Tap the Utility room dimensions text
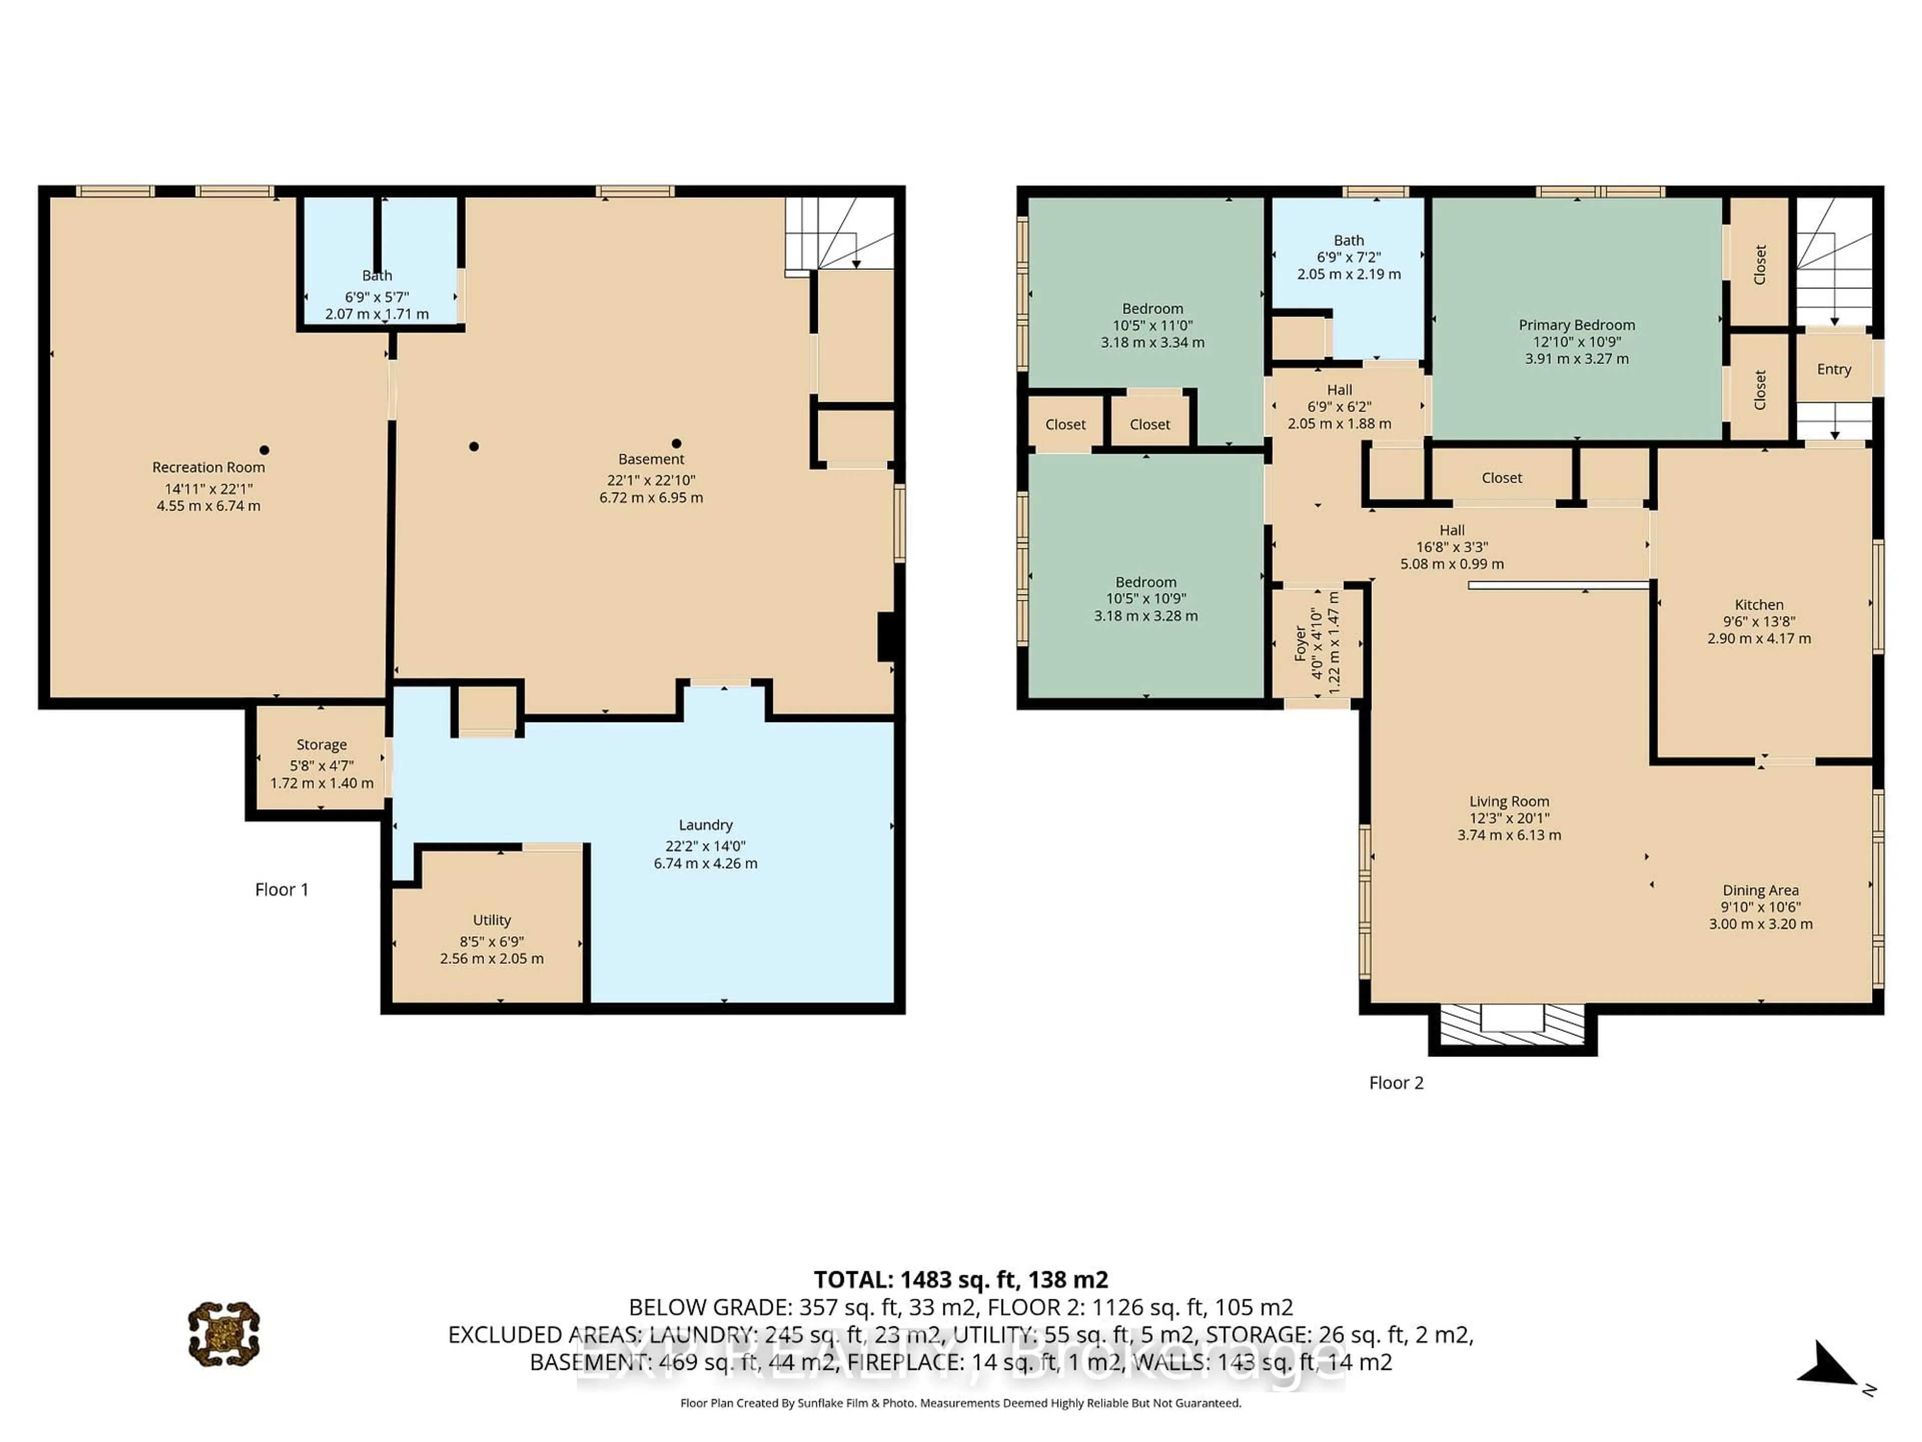coord(492,950)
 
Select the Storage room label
coord(321,745)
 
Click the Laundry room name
coord(706,825)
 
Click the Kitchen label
coord(1759,605)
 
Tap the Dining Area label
coord(1760,890)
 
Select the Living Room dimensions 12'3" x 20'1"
coord(1509,819)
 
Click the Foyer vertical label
coord(1301,643)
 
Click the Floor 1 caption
coord(281,889)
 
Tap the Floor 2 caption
coord(1396,1082)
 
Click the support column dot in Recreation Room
coord(264,450)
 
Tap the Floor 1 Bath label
coord(376,275)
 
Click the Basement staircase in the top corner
coord(838,233)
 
